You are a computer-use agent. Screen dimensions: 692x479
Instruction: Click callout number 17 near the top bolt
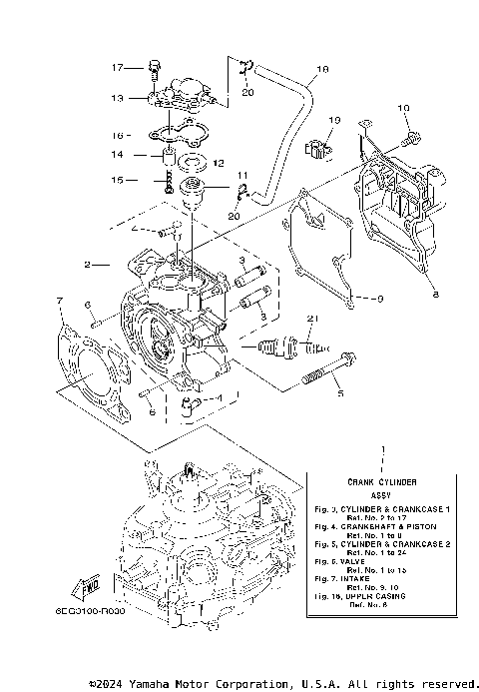tap(118, 68)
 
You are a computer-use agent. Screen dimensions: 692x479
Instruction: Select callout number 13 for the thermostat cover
tap(118, 99)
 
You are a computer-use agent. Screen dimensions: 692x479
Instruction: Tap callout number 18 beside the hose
tap(321, 71)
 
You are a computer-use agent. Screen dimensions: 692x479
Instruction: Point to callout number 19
tap(335, 120)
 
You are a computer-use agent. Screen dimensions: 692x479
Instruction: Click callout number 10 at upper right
tap(404, 108)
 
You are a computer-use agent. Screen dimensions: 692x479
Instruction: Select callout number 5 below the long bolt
tap(339, 394)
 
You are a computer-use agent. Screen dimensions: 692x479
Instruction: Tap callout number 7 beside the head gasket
tap(60, 301)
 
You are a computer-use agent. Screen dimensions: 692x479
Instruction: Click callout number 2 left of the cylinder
tap(89, 265)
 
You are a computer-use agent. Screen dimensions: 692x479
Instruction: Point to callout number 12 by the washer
tap(219, 163)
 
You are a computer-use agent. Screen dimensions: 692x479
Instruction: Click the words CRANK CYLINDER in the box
tap(382, 481)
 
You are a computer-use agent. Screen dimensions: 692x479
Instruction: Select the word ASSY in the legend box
tap(382, 494)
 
